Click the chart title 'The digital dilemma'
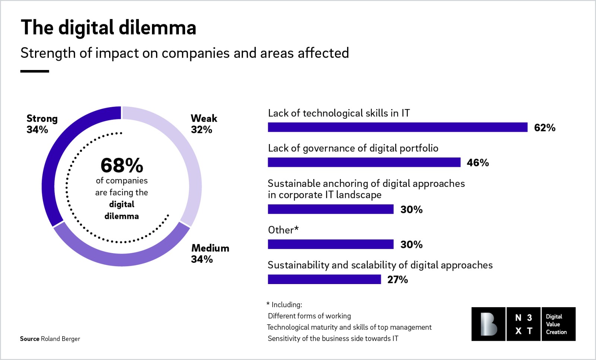pos(108,27)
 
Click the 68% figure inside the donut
pos(122,165)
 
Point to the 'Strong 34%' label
pos(42,124)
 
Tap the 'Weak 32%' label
pos(203,124)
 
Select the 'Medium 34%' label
pos(210,254)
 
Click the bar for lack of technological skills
pos(397,127)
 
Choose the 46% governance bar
pos(364,162)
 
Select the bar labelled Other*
pos(330,244)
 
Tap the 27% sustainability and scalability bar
pos(324,279)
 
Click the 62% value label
pos(545,128)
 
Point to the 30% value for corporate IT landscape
pos(411,210)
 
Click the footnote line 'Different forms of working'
pos(309,316)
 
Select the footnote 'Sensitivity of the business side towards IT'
pos(333,338)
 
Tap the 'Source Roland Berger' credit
pos(50,339)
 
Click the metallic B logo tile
pos(488,324)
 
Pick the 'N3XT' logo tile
pos(523,324)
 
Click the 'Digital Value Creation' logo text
pos(558,324)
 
